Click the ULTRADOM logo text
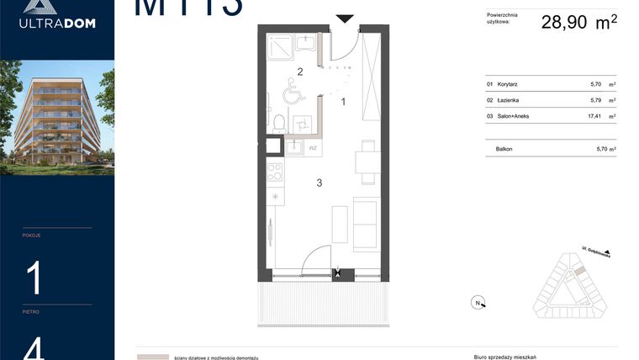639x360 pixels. tap(57, 23)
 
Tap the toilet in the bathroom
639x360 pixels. tap(278, 123)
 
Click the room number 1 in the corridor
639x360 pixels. tap(343, 101)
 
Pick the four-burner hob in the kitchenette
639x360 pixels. tap(274, 173)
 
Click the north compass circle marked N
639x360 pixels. tap(478, 303)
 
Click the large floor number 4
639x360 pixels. tap(34, 347)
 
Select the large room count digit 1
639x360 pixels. tap(34, 278)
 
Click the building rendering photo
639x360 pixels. tap(57, 118)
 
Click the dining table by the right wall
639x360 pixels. tap(367, 160)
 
